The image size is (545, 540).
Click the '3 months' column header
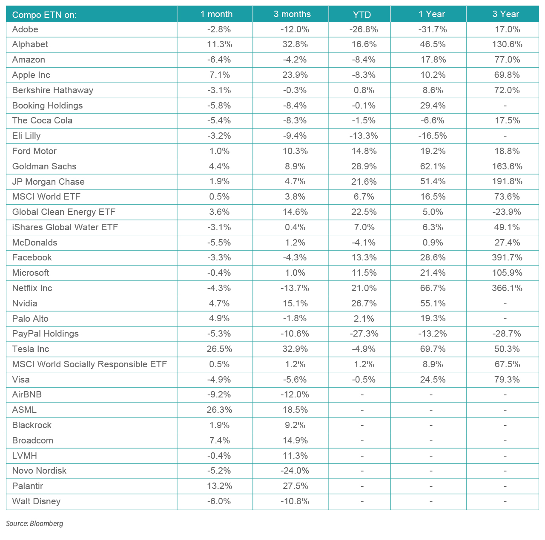(292, 14)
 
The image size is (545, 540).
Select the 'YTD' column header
(362, 14)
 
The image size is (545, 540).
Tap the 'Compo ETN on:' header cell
(44, 15)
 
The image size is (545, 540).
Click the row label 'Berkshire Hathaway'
(53, 90)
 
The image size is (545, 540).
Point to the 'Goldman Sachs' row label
(44, 166)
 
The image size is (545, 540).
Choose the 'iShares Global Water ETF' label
(65, 227)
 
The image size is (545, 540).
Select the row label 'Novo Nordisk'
(39, 471)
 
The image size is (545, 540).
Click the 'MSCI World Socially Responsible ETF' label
(89, 364)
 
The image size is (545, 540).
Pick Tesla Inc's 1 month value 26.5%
(219, 349)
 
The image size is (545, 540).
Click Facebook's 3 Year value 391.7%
(506, 257)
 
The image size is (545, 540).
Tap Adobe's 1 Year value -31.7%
(433, 29)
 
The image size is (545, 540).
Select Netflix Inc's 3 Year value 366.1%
(506, 288)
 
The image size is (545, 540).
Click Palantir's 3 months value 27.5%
(294, 486)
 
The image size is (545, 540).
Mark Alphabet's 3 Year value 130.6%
(506, 44)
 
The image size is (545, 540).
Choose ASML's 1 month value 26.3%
(219, 410)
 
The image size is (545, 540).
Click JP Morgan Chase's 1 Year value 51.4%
(433, 182)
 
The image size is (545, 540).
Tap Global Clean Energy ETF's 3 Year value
(506, 212)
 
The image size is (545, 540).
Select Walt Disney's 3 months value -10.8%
(294, 501)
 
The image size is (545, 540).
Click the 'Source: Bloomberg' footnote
(34, 523)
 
